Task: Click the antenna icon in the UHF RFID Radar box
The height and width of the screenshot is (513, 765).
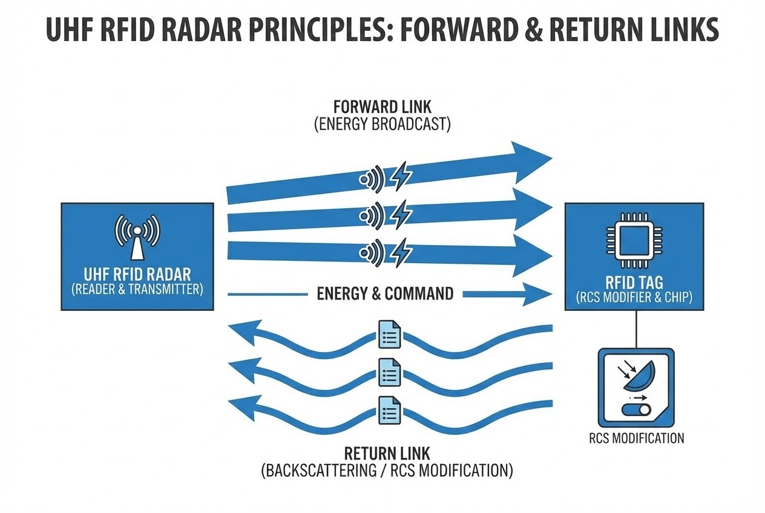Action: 137,236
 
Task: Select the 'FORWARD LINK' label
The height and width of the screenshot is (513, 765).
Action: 382,106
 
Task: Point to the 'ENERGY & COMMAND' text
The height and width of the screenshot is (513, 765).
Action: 385,294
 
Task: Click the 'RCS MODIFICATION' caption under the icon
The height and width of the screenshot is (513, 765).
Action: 636,438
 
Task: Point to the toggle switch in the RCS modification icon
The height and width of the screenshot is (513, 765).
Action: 636,410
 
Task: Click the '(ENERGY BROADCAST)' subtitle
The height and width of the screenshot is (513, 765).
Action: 382,125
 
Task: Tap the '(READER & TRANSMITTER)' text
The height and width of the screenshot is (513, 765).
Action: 137,289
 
